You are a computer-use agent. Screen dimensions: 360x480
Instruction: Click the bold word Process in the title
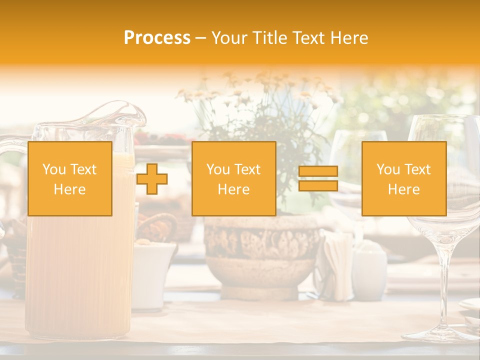click(x=157, y=38)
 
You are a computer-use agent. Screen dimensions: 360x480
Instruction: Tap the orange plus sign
click(x=152, y=179)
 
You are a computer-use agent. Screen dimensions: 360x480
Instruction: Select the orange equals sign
click(x=318, y=178)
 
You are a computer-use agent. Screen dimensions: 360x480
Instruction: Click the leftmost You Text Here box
click(x=69, y=178)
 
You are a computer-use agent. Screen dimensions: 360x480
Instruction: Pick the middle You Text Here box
click(x=233, y=178)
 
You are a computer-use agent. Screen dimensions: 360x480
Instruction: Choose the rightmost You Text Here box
click(x=403, y=178)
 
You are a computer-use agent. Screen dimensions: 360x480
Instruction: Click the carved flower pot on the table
click(x=261, y=255)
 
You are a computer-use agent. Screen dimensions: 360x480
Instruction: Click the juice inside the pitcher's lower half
click(x=75, y=280)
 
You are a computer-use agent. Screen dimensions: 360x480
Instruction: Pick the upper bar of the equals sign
click(x=318, y=171)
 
